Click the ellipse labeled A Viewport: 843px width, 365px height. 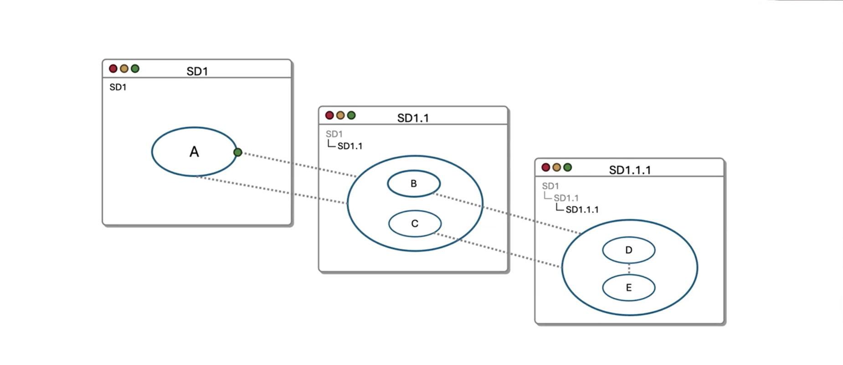[x=194, y=151]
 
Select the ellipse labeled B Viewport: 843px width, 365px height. [x=414, y=183]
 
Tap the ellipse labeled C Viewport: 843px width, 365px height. [x=415, y=224]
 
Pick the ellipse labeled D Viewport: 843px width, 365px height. [x=629, y=250]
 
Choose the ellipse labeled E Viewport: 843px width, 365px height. [x=629, y=288]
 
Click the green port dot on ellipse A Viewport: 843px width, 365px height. [x=237, y=152]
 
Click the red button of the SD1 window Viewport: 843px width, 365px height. [x=113, y=68]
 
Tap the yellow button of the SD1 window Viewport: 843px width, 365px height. [x=124, y=68]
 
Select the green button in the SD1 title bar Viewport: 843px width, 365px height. [x=135, y=68]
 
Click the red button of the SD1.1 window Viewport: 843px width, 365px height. [x=329, y=115]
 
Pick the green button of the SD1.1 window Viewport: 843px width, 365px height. [x=351, y=115]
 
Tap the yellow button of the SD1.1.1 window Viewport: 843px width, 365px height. [x=556, y=167]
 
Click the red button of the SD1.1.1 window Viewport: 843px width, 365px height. [x=545, y=167]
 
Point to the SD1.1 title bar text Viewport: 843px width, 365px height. [x=413, y=118]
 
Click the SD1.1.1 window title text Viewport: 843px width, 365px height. [x=630, y=170]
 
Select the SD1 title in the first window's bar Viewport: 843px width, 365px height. [x=197, y=71]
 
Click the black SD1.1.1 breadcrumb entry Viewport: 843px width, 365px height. [x=582, y=210]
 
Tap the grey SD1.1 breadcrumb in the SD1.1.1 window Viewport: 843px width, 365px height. [x=566, y=198]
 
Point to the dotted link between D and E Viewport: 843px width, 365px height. [x=629, y=269]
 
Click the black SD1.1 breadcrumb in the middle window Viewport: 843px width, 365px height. [x=350, y=146]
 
